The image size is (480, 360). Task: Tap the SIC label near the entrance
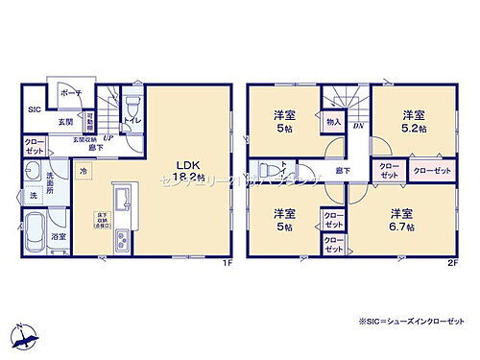point(32,109)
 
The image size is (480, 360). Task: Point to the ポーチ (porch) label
point(71,93)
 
